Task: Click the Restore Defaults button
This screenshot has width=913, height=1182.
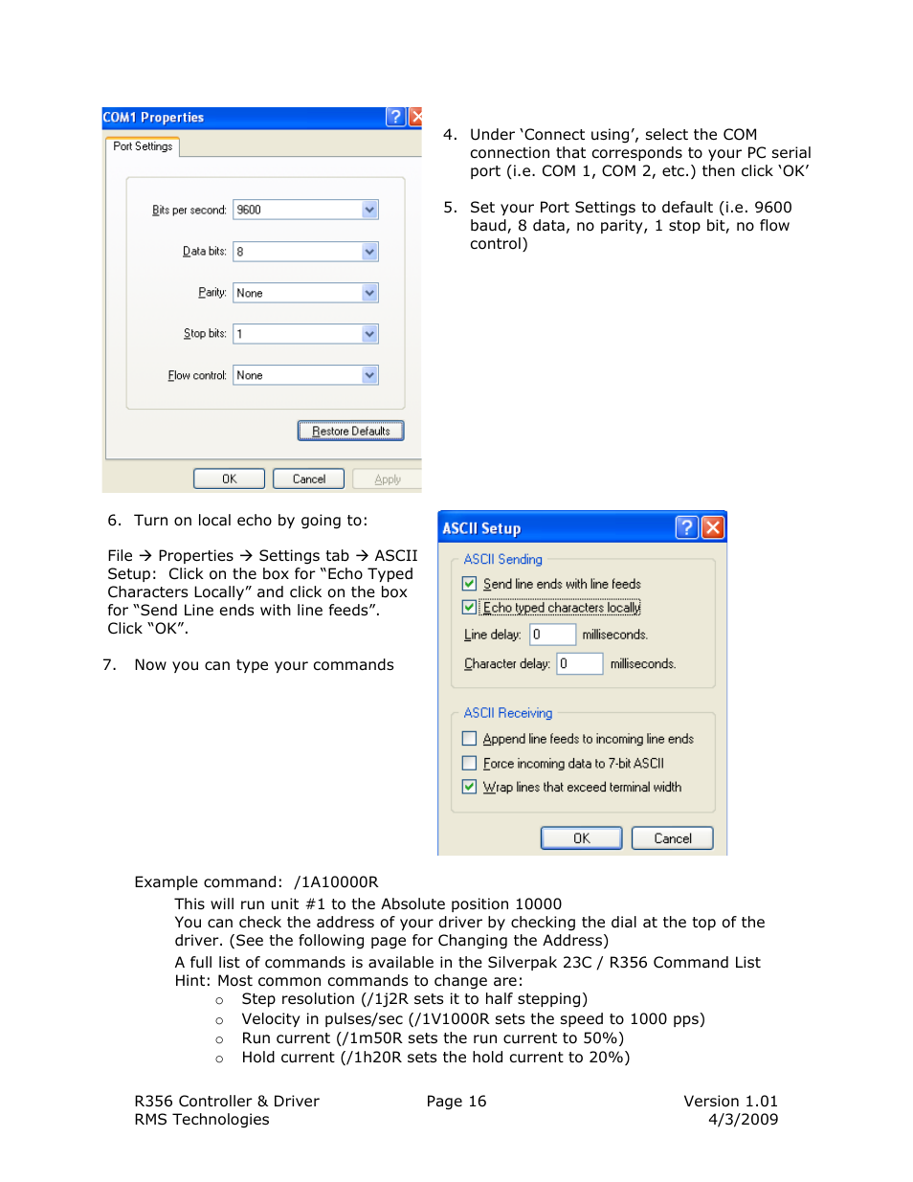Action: coord(350,431)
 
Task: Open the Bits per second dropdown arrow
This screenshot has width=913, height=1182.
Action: coord(369,210)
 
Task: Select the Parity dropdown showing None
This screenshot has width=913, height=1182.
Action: coord(305,293)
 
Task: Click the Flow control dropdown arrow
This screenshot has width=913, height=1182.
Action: coord(369,375)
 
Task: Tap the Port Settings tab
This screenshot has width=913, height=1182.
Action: coord(143,146)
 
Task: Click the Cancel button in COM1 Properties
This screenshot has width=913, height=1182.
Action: coord(308,479)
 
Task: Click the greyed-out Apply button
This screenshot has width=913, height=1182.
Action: coord(387,479)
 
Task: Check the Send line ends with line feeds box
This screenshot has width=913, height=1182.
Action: coord(469,584)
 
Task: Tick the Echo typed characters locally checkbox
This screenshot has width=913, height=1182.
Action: coord(469,608)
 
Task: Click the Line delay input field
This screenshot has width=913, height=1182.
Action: coord(552,635)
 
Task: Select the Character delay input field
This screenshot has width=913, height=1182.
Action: coord(580,663)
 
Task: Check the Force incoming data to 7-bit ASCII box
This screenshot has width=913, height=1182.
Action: coord(469,763)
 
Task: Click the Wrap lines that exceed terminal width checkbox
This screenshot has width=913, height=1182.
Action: coord(469,787)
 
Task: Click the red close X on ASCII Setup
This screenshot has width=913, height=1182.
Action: coord(713,527)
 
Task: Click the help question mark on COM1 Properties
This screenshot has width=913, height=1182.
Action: coord(395,117)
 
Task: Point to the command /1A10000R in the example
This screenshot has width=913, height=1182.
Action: coord(336,881)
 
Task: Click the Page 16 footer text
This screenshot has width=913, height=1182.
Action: coord(456,1101)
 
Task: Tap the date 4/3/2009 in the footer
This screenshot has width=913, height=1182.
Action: coord(743,1119)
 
